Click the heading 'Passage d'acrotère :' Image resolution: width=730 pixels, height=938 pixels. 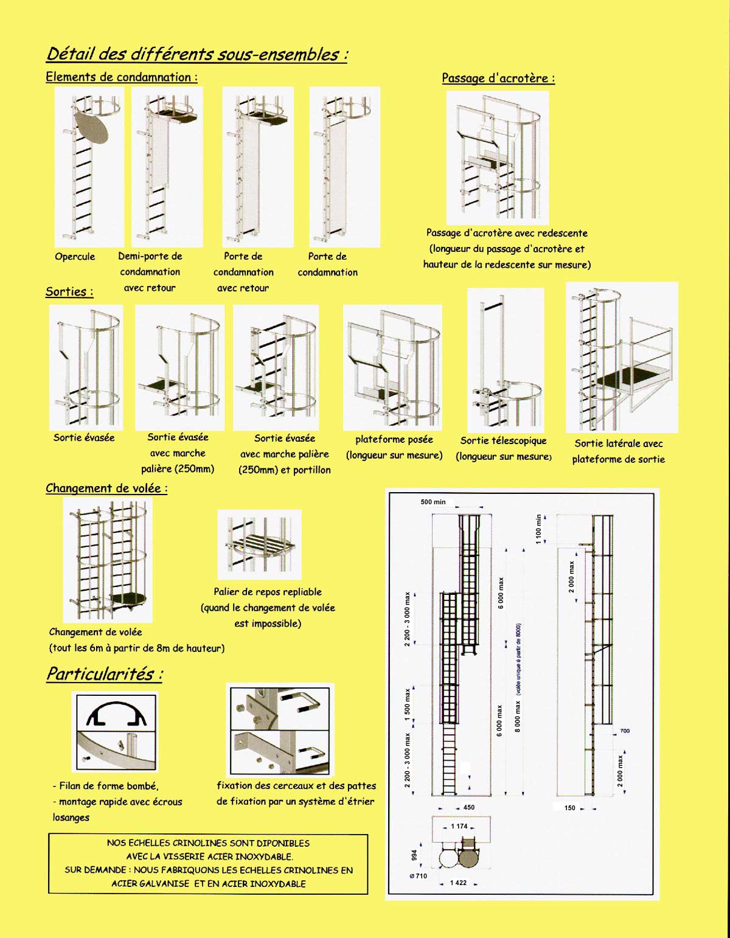(x=498, y=78)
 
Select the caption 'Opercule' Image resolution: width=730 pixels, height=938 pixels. (x=75, y=257)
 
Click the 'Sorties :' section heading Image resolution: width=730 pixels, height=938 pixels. (x=69, y=292)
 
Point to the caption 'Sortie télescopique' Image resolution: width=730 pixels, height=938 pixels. (x=503, y=441)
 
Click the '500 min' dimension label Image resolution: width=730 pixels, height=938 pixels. (x=433, y=502)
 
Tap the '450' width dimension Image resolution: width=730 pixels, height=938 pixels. (x=468, y=807)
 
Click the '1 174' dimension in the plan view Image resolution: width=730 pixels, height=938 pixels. (x=459, y=826)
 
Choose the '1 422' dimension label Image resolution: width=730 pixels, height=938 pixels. (x=458, y=883)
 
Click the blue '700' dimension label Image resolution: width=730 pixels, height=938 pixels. (x=624, y=731)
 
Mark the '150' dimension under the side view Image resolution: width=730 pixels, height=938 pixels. (x=569, y=808)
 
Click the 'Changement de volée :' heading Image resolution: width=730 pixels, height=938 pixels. (x=106, y=488)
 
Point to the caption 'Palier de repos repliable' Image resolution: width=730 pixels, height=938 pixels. (x=268, y=592)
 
